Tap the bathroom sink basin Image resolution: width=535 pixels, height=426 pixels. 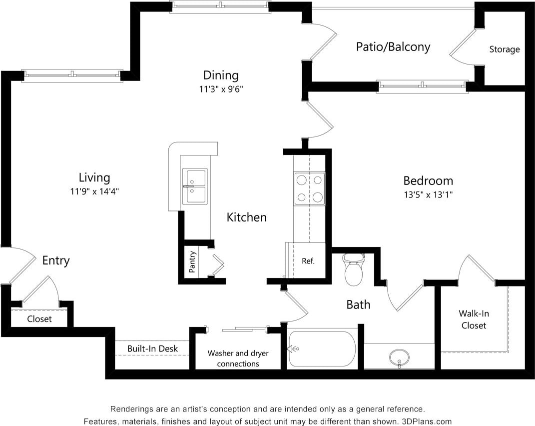(399, 357)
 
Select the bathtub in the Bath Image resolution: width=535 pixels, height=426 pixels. (322, 349)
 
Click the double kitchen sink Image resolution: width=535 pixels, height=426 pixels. (195, 186)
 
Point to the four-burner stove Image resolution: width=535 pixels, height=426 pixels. (309, 188)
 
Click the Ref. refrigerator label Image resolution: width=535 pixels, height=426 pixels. (308, 261)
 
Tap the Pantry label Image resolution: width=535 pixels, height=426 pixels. (192, 261)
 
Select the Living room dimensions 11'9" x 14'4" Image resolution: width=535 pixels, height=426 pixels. (94, 191)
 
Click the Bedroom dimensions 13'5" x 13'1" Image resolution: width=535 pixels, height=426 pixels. (428, 194)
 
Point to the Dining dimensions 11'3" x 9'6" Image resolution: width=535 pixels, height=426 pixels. (220, 89)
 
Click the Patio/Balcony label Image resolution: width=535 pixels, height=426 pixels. (393, 47)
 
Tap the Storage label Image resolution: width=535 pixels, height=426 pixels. (504, 49)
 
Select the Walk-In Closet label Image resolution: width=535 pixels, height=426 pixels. (474, 319)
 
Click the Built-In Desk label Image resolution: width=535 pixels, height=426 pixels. (152, 348)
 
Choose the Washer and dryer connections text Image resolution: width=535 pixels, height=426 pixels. (238, 358)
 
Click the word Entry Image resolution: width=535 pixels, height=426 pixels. (55, 260)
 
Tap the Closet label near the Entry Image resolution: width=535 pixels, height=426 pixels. (39, 319)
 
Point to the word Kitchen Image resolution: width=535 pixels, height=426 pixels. (246, 217)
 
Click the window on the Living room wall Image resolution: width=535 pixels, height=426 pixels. (73, 75)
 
